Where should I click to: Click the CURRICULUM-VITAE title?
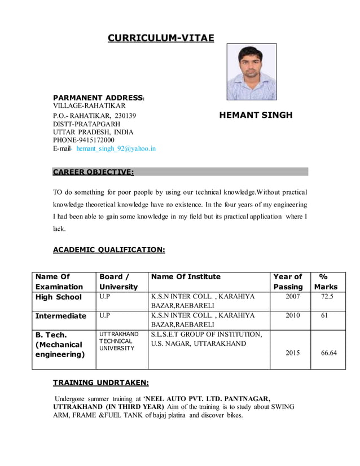161,38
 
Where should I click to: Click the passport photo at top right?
251,72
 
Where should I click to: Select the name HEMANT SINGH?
256,115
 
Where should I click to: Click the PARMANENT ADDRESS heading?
98,97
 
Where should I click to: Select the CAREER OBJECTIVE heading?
93,172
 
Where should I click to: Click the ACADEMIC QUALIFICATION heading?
108,249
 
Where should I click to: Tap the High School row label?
58,297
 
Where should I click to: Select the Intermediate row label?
61,316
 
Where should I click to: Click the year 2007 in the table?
292,297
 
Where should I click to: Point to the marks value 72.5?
328,297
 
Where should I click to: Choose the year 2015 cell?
292,353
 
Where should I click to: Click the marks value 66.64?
328,353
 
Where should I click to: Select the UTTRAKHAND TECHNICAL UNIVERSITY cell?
118,341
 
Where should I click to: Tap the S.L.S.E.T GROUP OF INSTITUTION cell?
206,339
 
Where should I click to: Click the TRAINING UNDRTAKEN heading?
100,383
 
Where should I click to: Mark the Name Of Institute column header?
186,276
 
